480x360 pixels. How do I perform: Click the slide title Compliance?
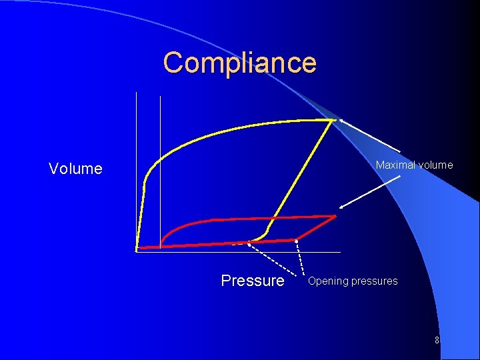click(x=239, y=63)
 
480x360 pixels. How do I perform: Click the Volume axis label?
click(x=75, y=169)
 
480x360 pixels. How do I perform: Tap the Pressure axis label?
click(x=252, y=281)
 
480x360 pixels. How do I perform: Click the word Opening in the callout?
click(x=328, y=281)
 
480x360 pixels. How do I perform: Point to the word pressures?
click(x=375, y=281)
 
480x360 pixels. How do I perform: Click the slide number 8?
click(x=437, y=340)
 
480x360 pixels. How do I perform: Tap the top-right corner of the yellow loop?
click(x=334, y=120)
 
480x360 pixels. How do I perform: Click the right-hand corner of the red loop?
click(x=335, y=216)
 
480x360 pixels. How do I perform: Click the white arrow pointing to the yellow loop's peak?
click(x=370, y=136)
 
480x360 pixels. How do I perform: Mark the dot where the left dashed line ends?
click(x=249, y=244)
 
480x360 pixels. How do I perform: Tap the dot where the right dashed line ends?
click(x=297, y=240)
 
